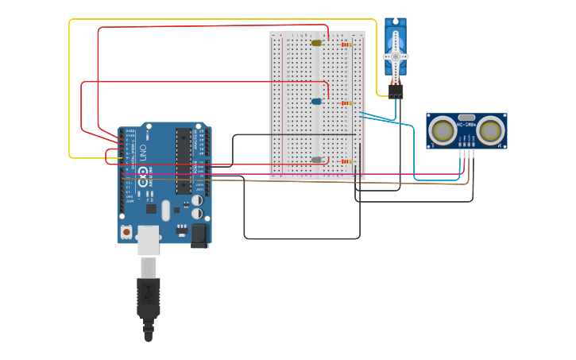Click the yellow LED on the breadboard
click(316, 43)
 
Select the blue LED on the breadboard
click(316, 102)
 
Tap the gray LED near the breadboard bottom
click(316, 160)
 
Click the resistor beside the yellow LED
click(346, 45)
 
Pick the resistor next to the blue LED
click(346, 103)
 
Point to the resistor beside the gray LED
click(346, 161)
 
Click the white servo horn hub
click(395, 56)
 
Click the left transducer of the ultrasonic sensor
click(441, 130)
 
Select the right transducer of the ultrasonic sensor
click(491, 130)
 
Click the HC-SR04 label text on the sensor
click(466, 124)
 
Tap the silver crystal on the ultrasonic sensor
click(466, 117)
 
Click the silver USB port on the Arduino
click(149, 239)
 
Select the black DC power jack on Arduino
click(199, 234)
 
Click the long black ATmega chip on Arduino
click(184, 160)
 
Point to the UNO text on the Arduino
click(144, 152)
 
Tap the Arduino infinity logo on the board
click(144, 180)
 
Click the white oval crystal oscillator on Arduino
click(165, 211)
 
